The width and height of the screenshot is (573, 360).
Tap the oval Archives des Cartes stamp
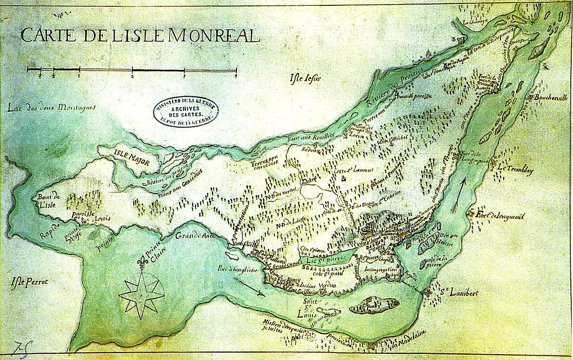185,109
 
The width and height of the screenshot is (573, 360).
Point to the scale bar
132,70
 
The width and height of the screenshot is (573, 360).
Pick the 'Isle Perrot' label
30,282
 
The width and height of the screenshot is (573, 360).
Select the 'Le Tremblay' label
515,169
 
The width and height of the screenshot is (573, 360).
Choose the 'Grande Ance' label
195,236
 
